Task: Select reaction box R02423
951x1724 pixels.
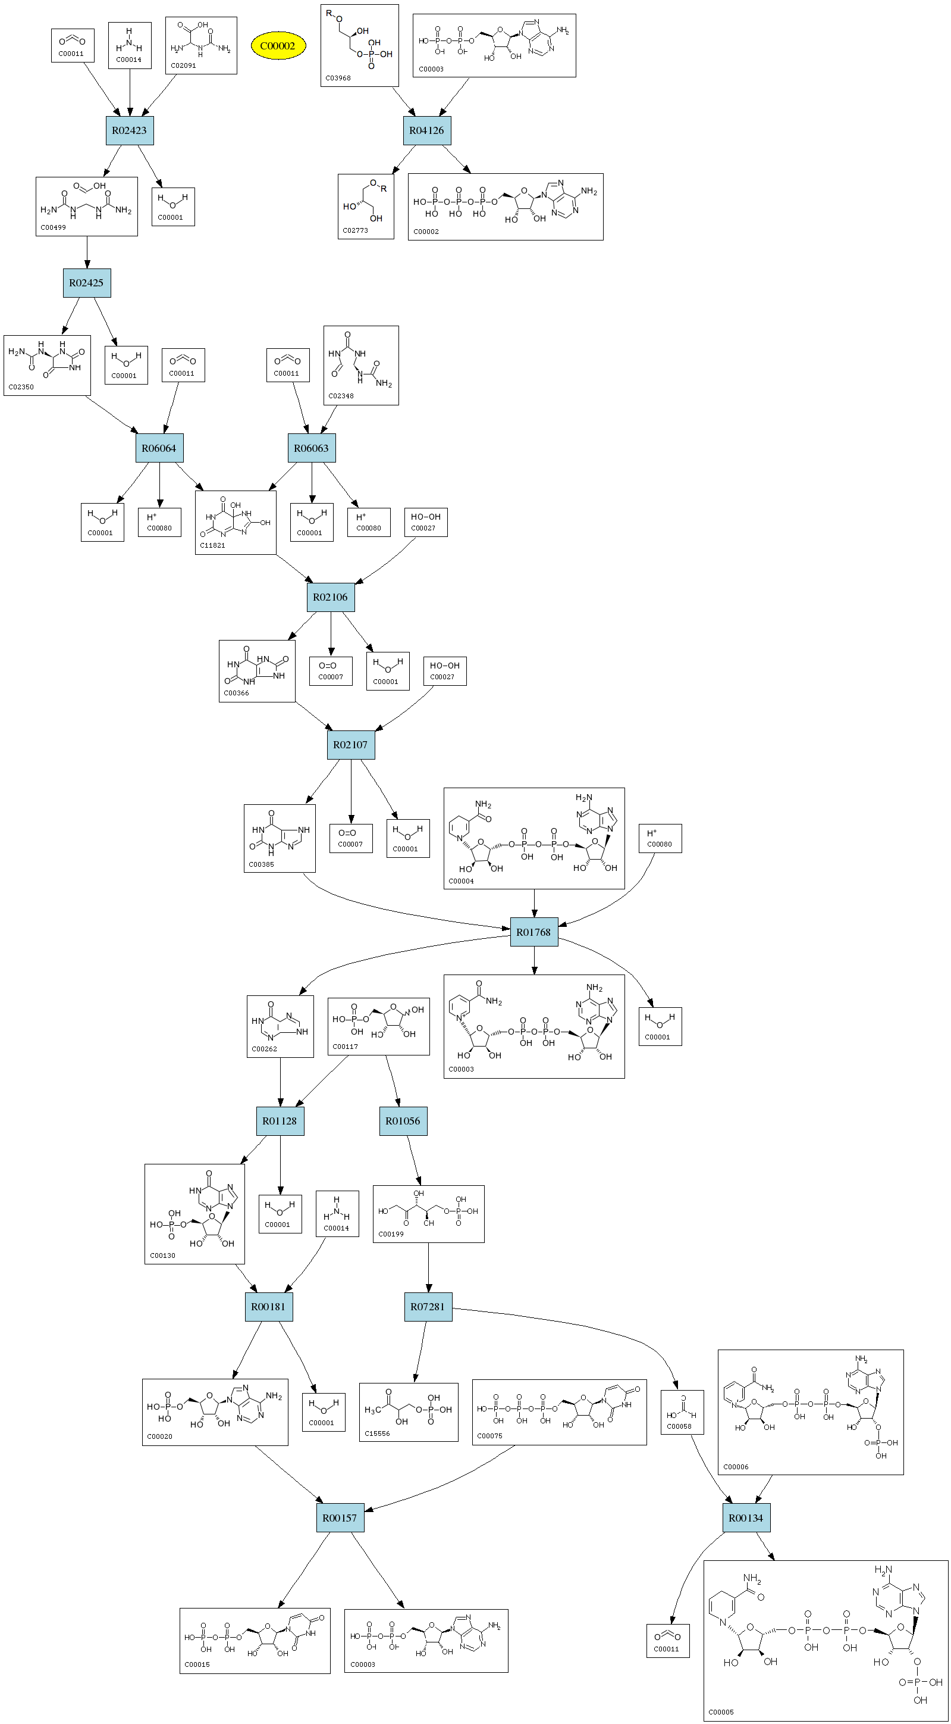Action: (129, 130)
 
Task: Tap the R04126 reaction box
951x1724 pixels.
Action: (426, 130)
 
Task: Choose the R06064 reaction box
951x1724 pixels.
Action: (159, 448)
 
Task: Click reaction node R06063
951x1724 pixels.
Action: (312, 448)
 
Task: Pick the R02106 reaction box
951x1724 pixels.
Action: (330, 597)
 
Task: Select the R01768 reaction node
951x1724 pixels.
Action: (533, 932)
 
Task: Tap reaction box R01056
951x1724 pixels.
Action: (403, 1121)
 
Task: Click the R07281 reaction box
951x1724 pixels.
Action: (428, 1306)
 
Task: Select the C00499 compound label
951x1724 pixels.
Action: (53, 227)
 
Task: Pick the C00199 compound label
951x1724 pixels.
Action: (391, 1234)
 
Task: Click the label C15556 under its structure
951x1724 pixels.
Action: (377, 1433)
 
